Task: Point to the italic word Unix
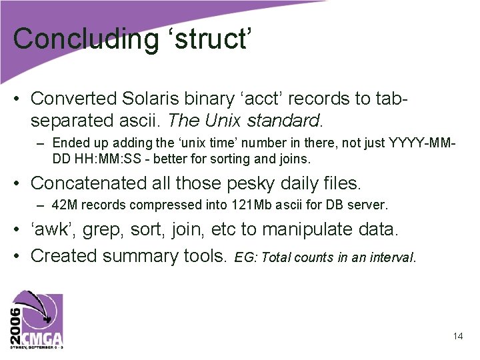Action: pos(222,121)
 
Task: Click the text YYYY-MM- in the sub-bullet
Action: pos(423,143)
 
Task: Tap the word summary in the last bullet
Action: pos(145,255)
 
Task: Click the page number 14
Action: pos(458,336)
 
